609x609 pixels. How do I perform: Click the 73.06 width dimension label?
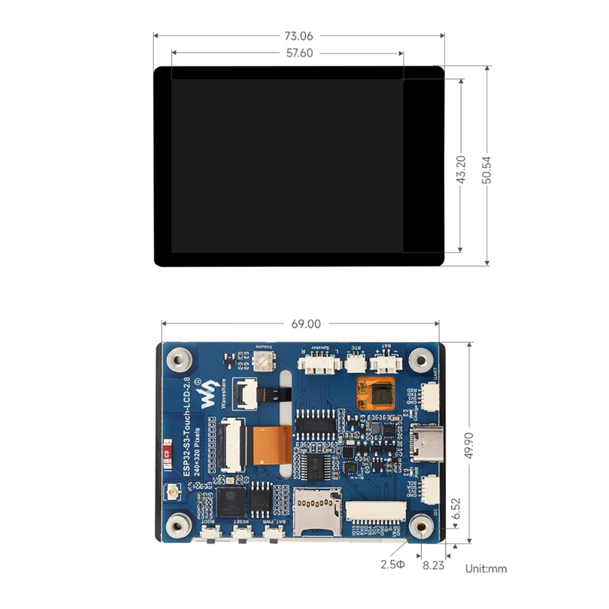[299, 36]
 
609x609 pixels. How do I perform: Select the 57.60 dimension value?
[300, 53]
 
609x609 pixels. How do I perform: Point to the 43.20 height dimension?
[461, 169]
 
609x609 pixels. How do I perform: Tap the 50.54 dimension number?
[487, 170]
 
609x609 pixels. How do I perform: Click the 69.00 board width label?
[306, 324]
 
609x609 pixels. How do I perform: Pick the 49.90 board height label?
[469, 445]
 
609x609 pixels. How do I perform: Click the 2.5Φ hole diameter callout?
[393, 564]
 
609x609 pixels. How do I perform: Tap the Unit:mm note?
[486, 569]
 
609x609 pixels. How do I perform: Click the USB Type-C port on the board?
[427, 443]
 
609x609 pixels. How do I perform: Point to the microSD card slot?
[317, 512]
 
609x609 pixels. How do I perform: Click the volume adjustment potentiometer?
[264, 361]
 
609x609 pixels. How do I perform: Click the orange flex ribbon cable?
[271, 445]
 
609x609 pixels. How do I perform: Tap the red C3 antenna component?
[166, 453]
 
